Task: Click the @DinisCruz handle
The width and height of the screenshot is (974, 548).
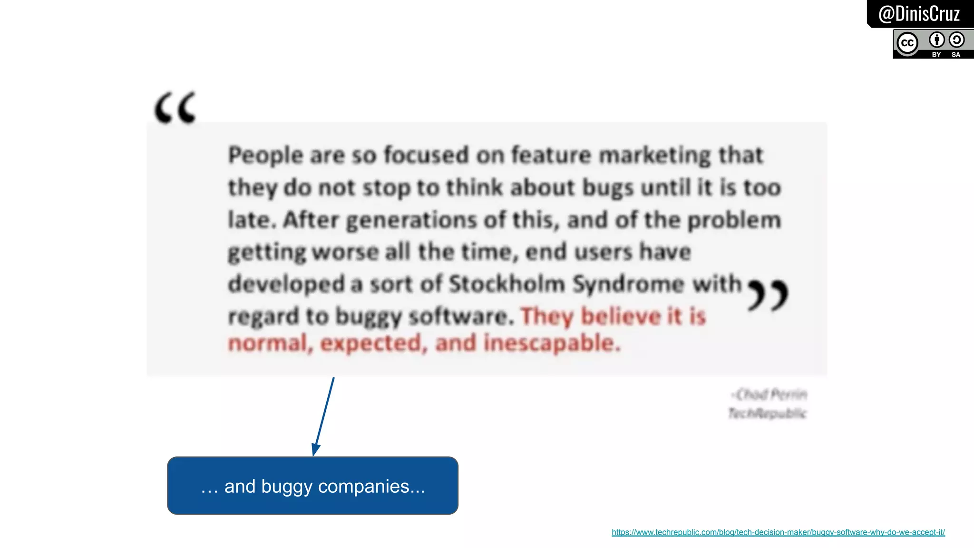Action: (x=919, y=14)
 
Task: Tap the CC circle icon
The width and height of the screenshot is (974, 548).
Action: (x=907, y=43)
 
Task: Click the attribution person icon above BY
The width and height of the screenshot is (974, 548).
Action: (x=936, y=40)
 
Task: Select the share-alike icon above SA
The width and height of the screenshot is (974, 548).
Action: (x=956, y=40)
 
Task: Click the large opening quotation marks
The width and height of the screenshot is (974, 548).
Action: (x=175, y=108)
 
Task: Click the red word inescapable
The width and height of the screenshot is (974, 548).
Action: (x=552, y=343)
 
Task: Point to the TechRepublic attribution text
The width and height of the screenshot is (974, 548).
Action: (x=767, y=413)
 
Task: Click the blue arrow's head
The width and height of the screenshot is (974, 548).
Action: (x=315, y=450)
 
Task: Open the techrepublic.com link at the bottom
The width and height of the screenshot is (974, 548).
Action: (x=778, y=532)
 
